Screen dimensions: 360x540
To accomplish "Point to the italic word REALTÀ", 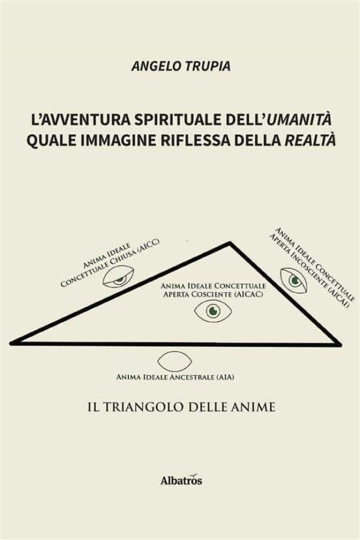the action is (310, 140).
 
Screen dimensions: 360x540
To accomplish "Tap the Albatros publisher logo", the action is (181, 480).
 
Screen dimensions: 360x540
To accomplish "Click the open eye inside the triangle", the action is (213, 311).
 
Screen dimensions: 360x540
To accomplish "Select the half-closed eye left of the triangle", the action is (118, 277).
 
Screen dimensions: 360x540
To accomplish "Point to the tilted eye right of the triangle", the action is (294, 280).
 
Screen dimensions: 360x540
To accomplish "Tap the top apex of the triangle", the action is (230, 243).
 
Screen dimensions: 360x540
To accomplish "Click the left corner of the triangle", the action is (11, 342).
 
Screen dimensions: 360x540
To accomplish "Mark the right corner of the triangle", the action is (340, 344).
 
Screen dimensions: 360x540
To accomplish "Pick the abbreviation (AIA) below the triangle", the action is (225, 377).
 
